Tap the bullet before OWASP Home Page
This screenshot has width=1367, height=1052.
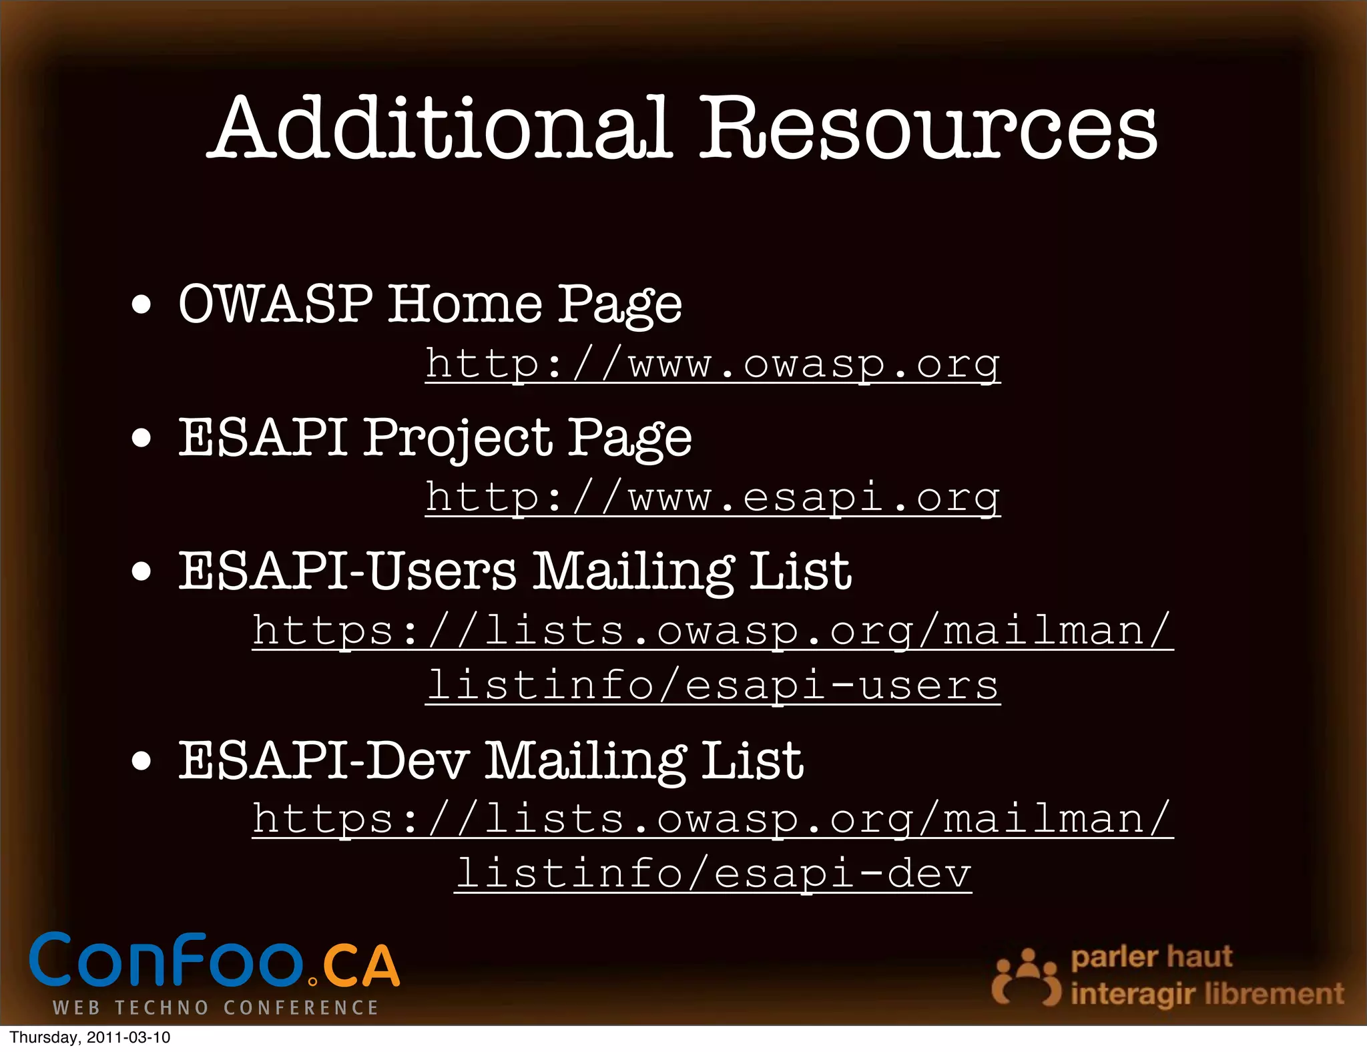point(141,306)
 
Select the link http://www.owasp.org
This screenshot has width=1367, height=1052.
point(713,364)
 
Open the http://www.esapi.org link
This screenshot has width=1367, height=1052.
point(713,498)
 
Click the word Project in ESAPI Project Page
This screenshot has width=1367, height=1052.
point(458,439)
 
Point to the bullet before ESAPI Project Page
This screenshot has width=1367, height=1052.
point(141,439)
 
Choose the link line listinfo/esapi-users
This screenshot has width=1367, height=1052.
point(713,686)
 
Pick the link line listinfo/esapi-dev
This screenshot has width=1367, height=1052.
point(713,874)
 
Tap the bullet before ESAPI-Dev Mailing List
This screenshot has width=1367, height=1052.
point(141,761)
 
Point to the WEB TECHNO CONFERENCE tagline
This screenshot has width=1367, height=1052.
point(216,1007)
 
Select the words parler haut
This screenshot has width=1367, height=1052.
point(1151,957)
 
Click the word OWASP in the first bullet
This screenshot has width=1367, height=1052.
point(276,304)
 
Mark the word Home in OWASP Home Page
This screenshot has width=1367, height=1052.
point(466,304)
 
